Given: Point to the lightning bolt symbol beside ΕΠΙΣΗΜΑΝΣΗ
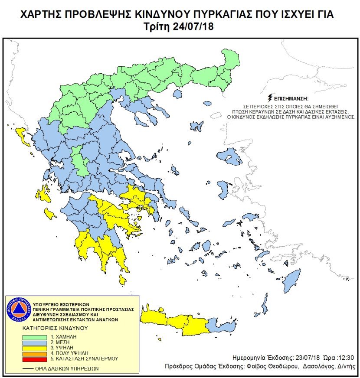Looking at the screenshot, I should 271,98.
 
